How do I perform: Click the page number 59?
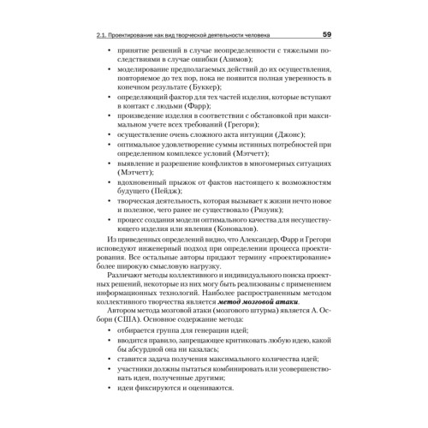click(327, 35)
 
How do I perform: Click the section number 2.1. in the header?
click(103, 36)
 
